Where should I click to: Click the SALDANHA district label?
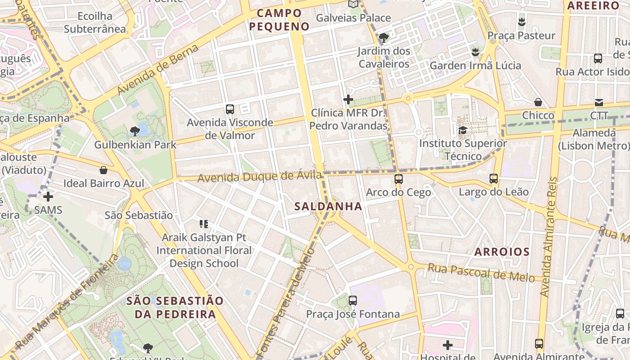tap(328, 207)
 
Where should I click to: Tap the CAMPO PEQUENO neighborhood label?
tap(279, 20)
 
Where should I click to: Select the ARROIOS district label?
tap(502, 252)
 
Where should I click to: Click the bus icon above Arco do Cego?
tap(398, 179)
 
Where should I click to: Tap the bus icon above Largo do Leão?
tap(494, 179)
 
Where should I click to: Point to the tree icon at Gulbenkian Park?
tap(135, 131)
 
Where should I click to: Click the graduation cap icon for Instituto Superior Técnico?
tap(463, 130)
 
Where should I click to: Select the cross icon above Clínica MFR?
tap(348, 99)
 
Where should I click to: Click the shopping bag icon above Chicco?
tap(538, 102)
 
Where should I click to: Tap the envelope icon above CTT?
tap(599, 102)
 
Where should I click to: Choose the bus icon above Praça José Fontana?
tap(353, 300)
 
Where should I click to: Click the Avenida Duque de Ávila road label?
tap(260, 176)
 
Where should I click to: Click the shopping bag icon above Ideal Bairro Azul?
tap(103, 170)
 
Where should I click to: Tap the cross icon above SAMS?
tap(48, 197)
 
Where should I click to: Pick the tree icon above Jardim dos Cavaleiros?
tap(384, 38)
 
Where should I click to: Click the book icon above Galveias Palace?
tap(354, 4)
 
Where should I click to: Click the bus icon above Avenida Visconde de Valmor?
tap(230, 109)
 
